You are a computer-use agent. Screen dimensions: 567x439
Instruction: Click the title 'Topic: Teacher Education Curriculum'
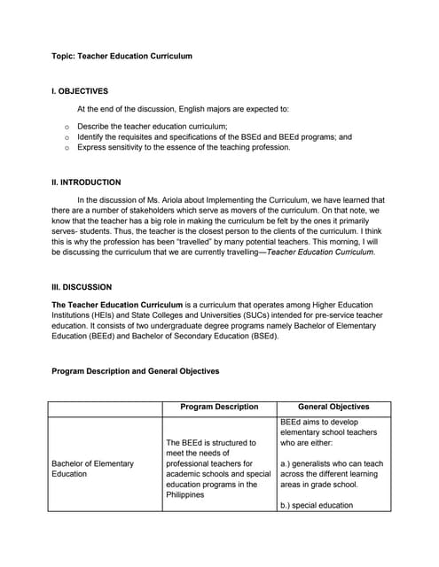[x=122, y=56]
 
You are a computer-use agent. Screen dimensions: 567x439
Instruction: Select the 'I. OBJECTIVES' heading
[x=80, y=90]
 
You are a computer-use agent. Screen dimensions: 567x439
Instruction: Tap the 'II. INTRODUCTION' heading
[x=86, y=183]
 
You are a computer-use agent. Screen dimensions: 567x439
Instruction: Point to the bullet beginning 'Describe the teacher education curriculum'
[x=152, y=127]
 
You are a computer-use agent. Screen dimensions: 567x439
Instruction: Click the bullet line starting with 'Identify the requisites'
[x=214, y=137]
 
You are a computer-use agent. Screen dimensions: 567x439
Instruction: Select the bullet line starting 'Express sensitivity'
[x=184, y=148]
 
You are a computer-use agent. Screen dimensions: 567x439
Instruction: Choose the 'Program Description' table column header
[x=219, y=408]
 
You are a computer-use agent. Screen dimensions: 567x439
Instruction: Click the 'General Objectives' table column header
[x=333, y=408]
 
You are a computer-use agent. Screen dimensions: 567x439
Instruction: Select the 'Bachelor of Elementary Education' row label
[x=92, y=469]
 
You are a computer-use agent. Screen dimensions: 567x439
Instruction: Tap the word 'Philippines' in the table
[x=187, y=495]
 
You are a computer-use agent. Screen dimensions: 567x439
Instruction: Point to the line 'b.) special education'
[x=316, y=506]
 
